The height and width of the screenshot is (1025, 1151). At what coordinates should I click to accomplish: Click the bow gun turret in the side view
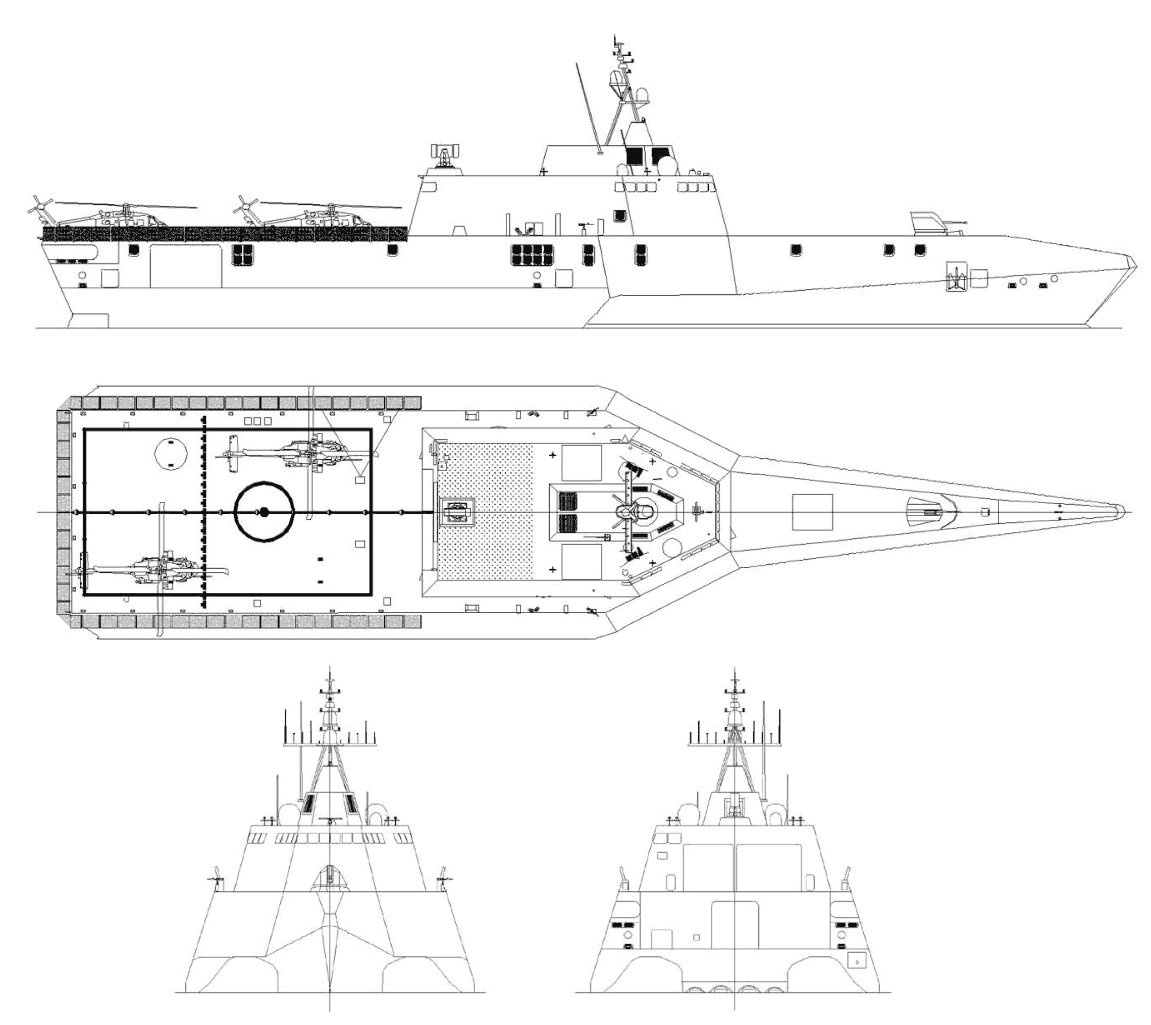point(932,224)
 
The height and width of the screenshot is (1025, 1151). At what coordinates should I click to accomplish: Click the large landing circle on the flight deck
point(264,511)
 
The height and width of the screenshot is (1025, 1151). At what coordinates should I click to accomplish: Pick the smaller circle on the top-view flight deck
point(171,453)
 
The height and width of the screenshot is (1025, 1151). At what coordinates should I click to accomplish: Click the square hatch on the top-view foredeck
point(812,512)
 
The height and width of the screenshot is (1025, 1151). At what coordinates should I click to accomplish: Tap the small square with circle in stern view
point(856,958)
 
